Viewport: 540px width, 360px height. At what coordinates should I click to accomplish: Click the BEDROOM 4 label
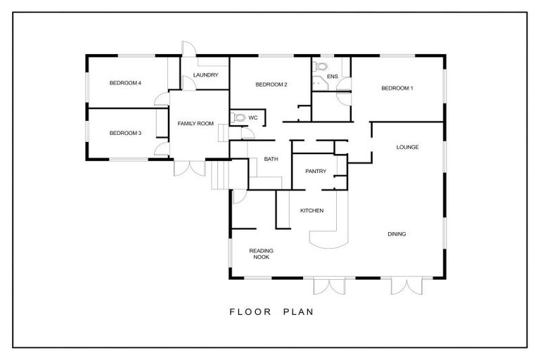126,83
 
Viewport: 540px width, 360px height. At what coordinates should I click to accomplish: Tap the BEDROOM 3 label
126,132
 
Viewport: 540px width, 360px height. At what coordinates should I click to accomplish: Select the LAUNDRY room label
205,75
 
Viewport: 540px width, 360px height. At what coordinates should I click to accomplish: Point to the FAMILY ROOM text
195,124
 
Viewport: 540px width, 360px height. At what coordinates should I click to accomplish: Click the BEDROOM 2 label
271,84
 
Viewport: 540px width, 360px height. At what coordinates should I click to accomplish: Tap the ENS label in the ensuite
333,76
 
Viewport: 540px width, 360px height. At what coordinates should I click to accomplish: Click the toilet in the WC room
237,118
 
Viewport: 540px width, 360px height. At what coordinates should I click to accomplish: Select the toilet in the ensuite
321,67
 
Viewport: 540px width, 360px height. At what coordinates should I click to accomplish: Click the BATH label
271,159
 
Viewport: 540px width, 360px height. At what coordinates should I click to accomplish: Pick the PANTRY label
314,172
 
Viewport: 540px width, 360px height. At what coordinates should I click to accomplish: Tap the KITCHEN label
311,211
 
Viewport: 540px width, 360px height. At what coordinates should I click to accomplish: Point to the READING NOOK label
261,254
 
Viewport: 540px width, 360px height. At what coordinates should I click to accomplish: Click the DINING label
397,234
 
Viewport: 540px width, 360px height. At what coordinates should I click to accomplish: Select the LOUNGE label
407,147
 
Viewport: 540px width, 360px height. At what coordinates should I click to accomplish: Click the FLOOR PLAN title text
271,311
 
